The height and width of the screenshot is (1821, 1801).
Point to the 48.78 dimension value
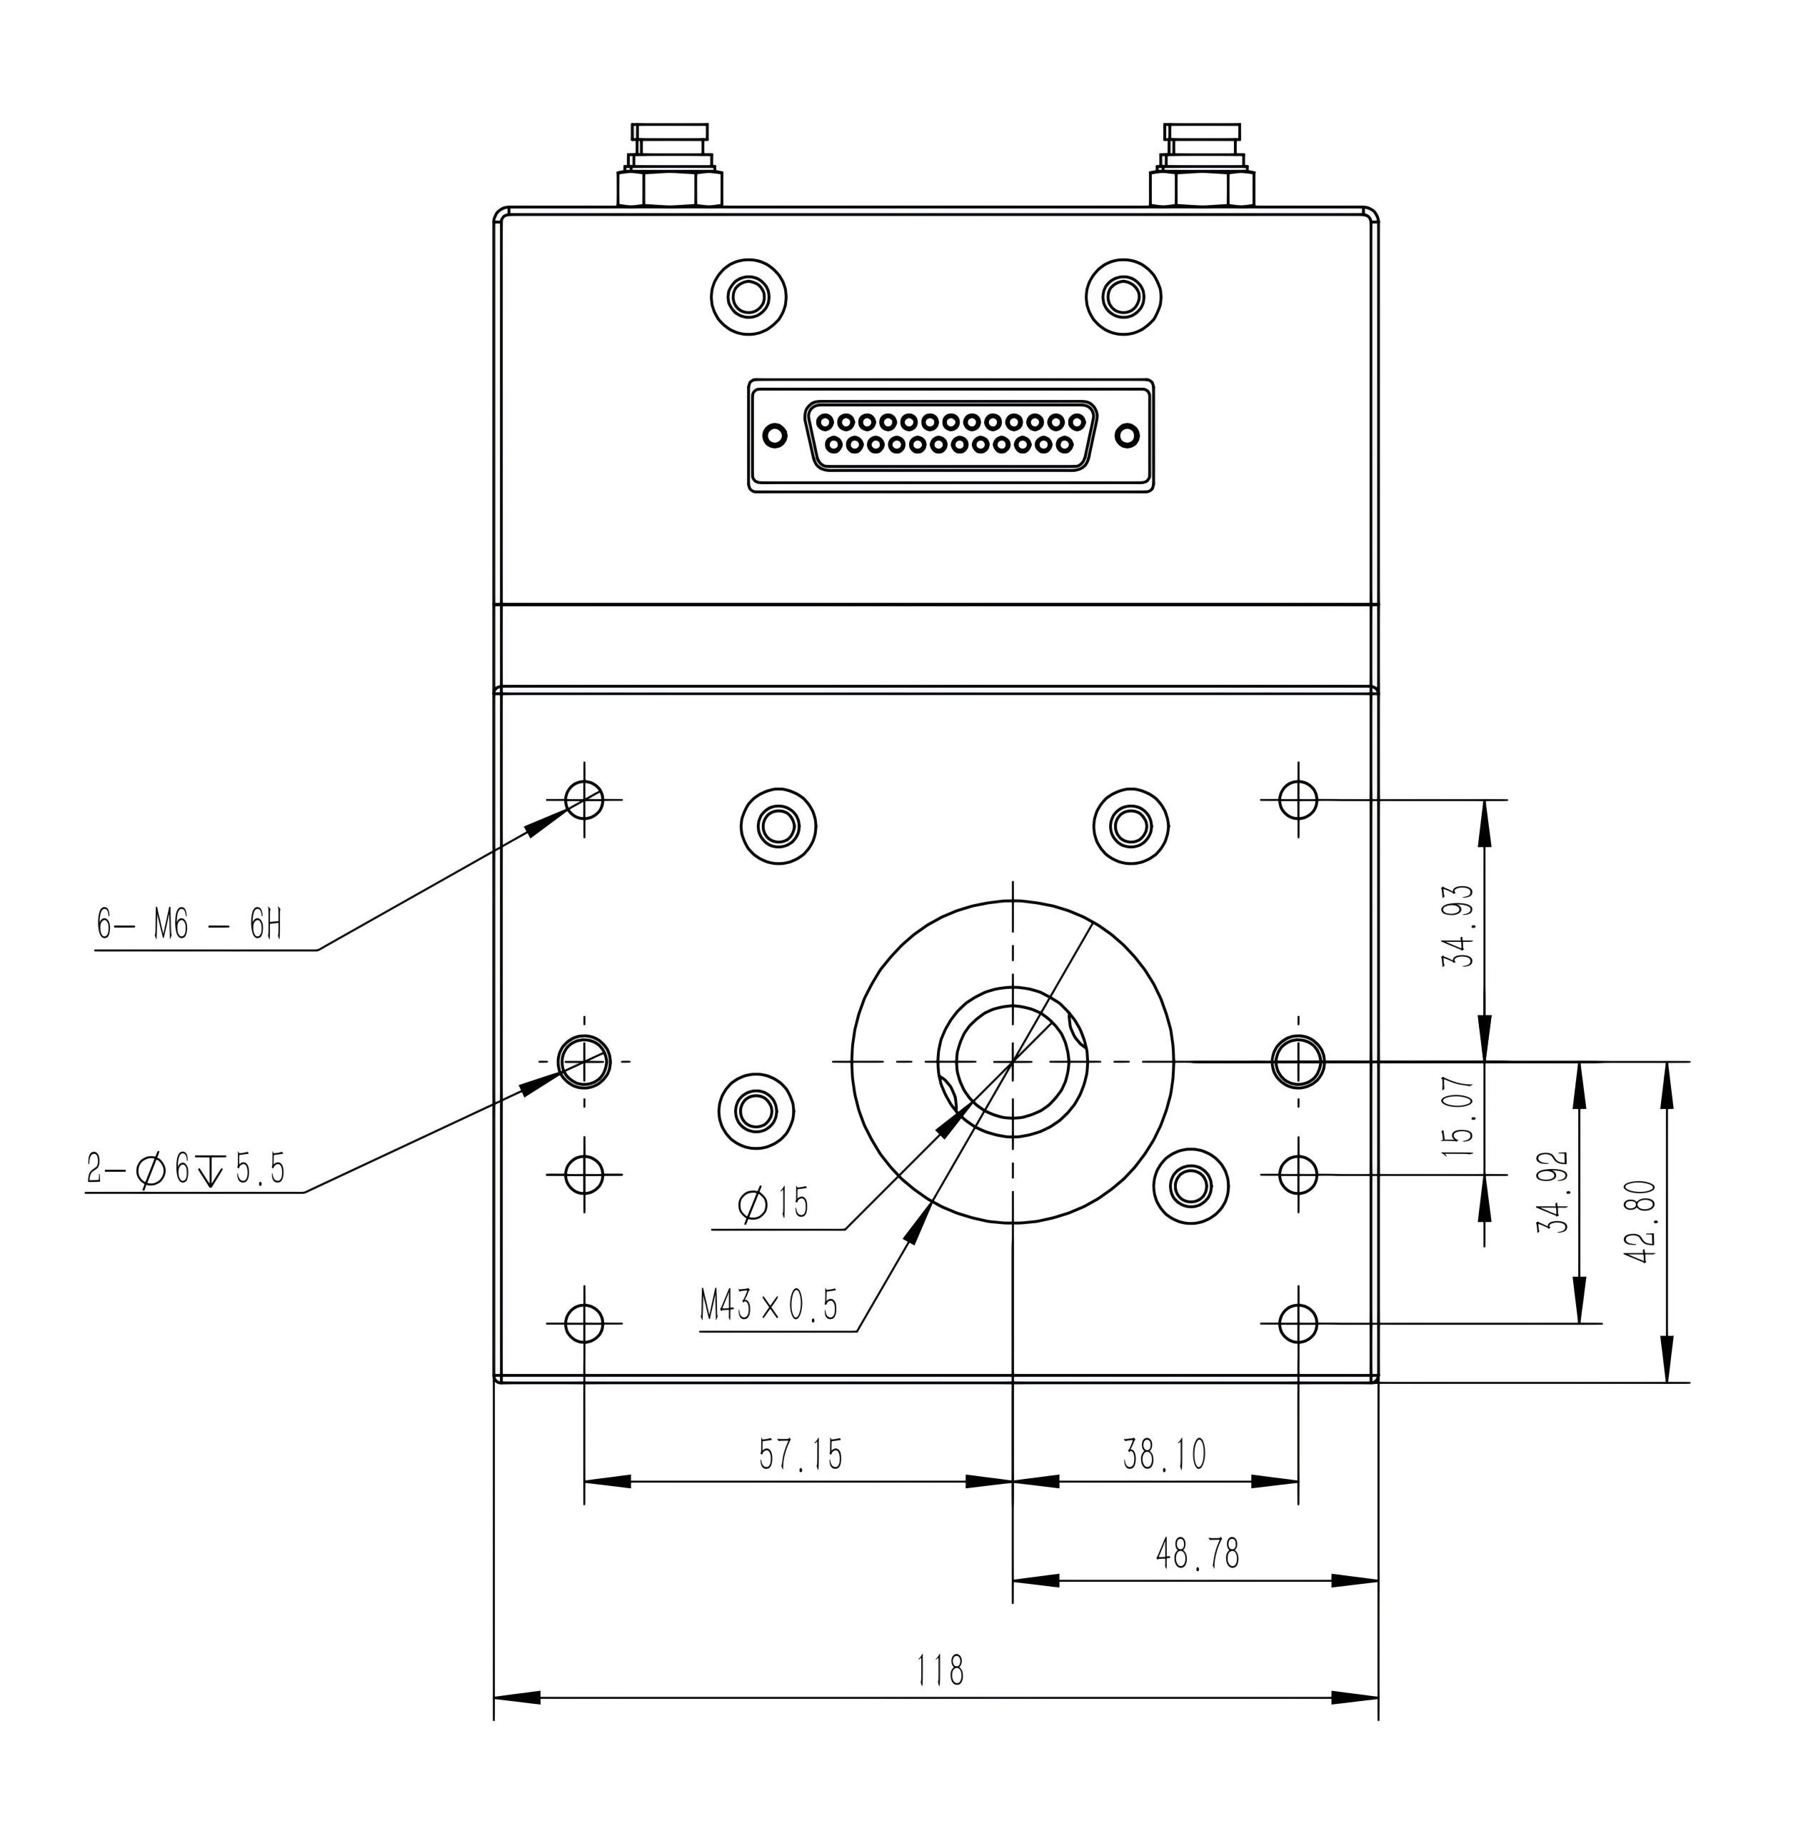tap(1197, 1553)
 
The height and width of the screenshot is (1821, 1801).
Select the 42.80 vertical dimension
tap(1641, 1222)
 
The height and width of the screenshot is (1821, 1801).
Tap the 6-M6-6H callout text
tap(189, 923)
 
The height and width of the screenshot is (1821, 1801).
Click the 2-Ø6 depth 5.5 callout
tap(186, 1170)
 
